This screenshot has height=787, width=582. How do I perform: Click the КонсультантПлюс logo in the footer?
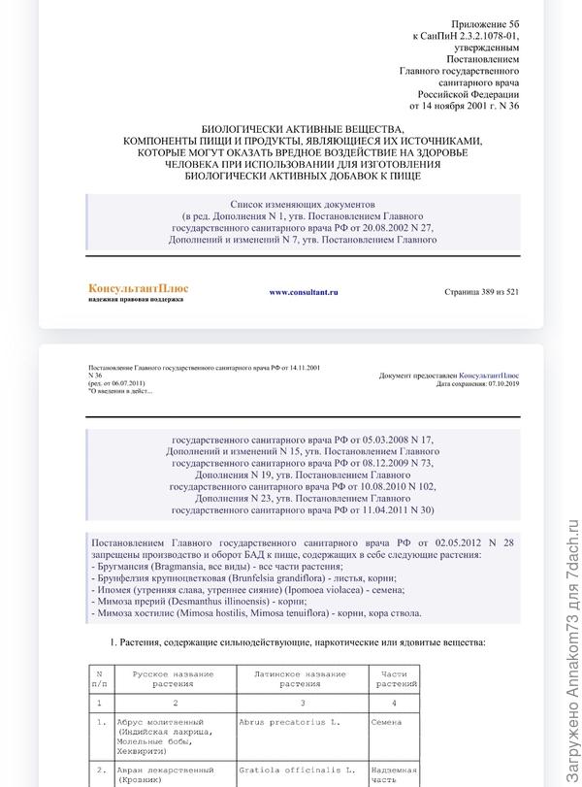click(x=138, y=288)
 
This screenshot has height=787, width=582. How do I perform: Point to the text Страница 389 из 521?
click(x=481, y=291)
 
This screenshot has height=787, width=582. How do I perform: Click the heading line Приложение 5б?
click(x=486, y=23)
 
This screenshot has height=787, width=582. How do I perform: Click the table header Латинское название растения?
click(x=293, y=677)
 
